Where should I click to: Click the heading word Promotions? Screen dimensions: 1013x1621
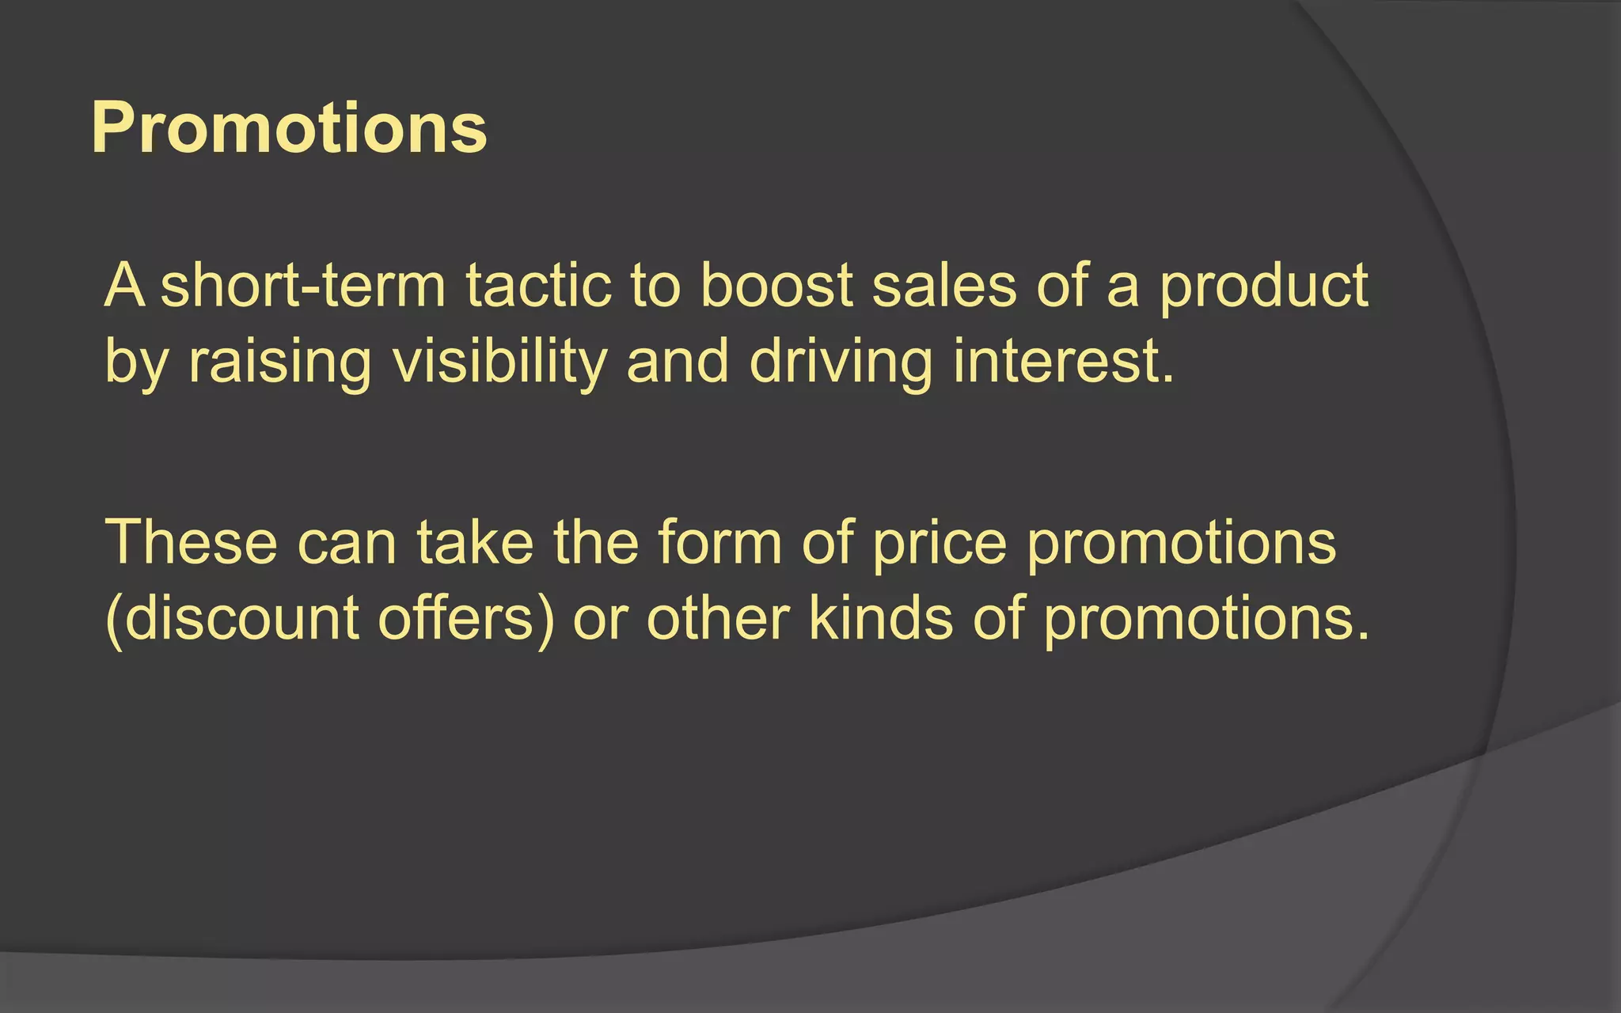point(289,128)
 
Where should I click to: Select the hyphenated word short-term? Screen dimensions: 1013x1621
point(303,286)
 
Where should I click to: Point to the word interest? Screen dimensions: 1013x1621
point(1063,362)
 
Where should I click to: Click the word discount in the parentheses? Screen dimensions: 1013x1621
point(241,618)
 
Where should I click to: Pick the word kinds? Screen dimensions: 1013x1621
point(880,618)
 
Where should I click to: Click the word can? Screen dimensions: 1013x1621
point(347,544)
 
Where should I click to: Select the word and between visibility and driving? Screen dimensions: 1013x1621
point(678,362)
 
